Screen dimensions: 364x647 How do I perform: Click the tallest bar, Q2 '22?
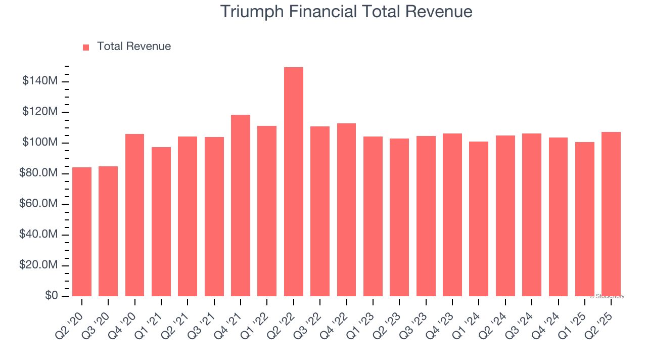[x=294, y=182]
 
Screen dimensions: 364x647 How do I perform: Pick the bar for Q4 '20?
[x=135, y=215]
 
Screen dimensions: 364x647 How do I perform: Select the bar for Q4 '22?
[x=346, y=210]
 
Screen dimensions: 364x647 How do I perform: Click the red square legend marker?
[x=86, y=48]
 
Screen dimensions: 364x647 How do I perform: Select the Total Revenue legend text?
[x=134, y=47]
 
